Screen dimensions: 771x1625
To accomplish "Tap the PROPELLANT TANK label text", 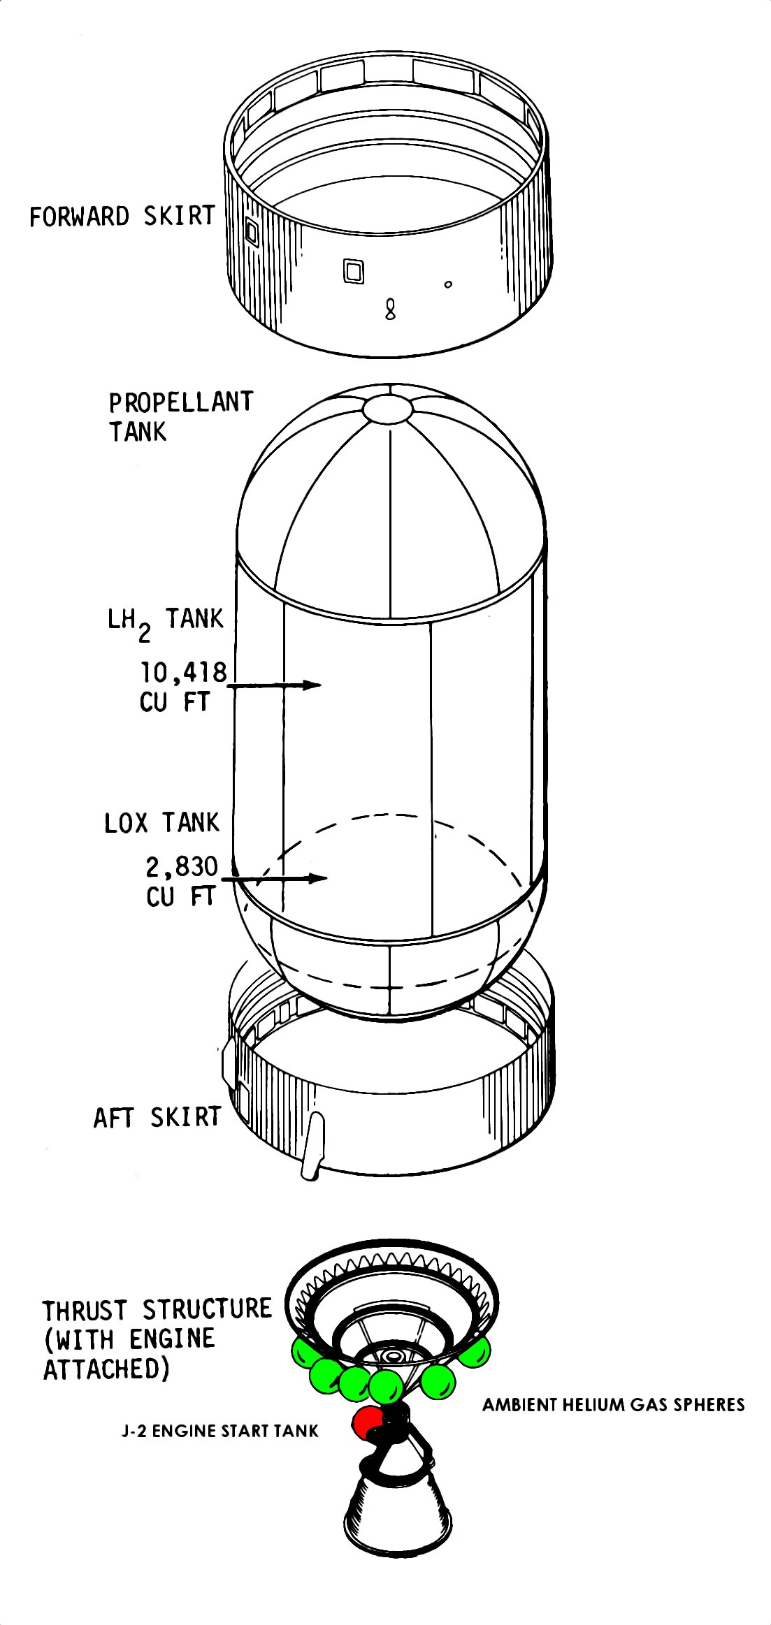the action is click(180, 417).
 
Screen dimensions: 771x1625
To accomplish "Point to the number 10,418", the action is click(185, 672).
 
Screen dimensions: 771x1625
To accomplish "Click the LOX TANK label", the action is click(161, 823).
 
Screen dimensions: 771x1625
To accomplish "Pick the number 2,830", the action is click(182, 866).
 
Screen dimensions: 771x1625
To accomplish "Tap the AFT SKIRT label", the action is click(157, 1117).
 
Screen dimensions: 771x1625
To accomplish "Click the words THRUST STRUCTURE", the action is click(157, 1309).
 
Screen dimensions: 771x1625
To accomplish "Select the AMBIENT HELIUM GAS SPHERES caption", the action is click(614, 1405).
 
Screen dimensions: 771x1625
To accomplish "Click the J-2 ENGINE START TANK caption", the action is click(220, 1431).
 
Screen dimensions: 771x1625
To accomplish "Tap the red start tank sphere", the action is click(366, 1422).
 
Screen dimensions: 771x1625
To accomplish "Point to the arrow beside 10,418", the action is click(274, 685).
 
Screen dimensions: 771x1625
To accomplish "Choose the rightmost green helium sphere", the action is click(474, 1353).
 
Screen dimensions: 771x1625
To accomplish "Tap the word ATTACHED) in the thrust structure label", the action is click(107, 1369).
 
